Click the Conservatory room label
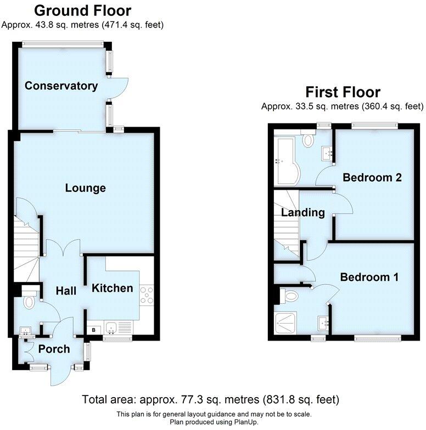(x=61, y=86)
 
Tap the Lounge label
(x=85, y=188)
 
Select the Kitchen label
(x=112, y=288)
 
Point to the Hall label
(x=66, y=291)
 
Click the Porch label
(x=54, y=349)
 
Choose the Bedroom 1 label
(x=369, y=277)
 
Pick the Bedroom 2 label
(x=372, y=178)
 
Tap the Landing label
(x=302, y=212)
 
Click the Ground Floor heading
(x=82, y=10)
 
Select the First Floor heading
(x=343, y=92)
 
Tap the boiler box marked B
(x=93, y=330)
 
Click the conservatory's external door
(x=120, y=86)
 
